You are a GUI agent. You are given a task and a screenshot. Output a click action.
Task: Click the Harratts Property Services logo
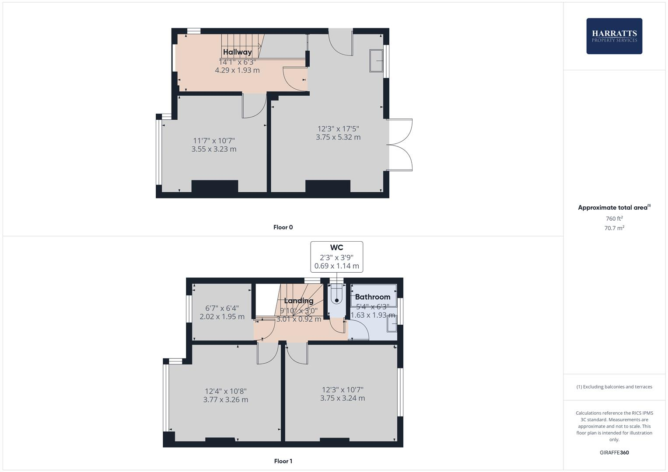pos(614,36)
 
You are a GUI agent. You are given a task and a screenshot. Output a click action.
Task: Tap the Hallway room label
pos(237,52)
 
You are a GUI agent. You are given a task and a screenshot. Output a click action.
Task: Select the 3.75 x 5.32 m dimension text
pos(338,137)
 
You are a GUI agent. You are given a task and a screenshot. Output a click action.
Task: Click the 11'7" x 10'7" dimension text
pos(214,141)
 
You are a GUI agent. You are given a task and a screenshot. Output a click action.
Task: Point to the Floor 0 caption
pos(283,227)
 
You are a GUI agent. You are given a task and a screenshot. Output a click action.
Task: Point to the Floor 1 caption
pos(283,461)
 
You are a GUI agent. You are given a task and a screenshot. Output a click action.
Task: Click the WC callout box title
pos(336,248)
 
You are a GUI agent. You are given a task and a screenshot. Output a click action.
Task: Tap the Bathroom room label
pos(372,297)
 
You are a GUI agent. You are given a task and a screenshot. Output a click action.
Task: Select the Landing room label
pos(299,301)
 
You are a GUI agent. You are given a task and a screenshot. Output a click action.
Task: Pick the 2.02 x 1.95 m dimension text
pos(222,316)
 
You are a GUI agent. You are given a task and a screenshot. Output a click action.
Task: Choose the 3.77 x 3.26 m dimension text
pos(225,399)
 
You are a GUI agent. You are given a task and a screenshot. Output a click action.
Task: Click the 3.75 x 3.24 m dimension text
pos(343,398)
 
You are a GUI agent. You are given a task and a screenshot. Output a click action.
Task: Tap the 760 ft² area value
pos(614,219)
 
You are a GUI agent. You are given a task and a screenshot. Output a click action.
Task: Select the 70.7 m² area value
pos(614,228)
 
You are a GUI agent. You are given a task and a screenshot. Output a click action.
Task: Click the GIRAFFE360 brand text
pos(614,452)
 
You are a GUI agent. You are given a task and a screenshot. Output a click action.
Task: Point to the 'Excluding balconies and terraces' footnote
pos(614,387)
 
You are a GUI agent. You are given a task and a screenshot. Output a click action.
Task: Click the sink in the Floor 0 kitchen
pos(376,61)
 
